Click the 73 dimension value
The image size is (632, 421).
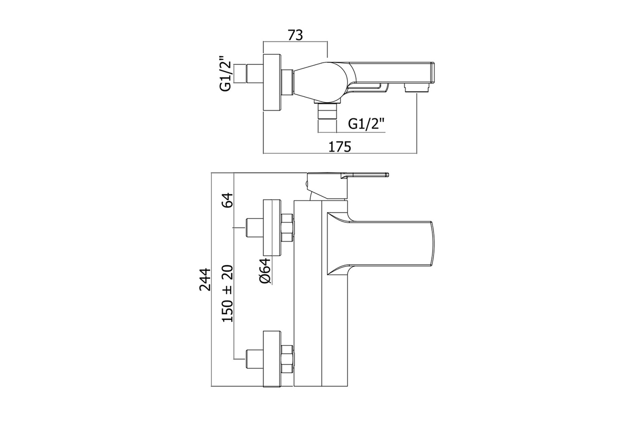(x=295, y=35)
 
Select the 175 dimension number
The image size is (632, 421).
(x=340, y=147)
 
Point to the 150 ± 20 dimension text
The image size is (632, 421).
(x=228, y=293)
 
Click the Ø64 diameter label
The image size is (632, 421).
(x=265, y=272)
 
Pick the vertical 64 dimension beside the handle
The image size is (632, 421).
(x=228, y=202)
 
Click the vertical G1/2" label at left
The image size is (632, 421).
(x=226, y=74)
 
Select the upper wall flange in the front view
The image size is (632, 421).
(x=272, y=226)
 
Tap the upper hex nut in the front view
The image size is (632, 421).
(x=288, y=227)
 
